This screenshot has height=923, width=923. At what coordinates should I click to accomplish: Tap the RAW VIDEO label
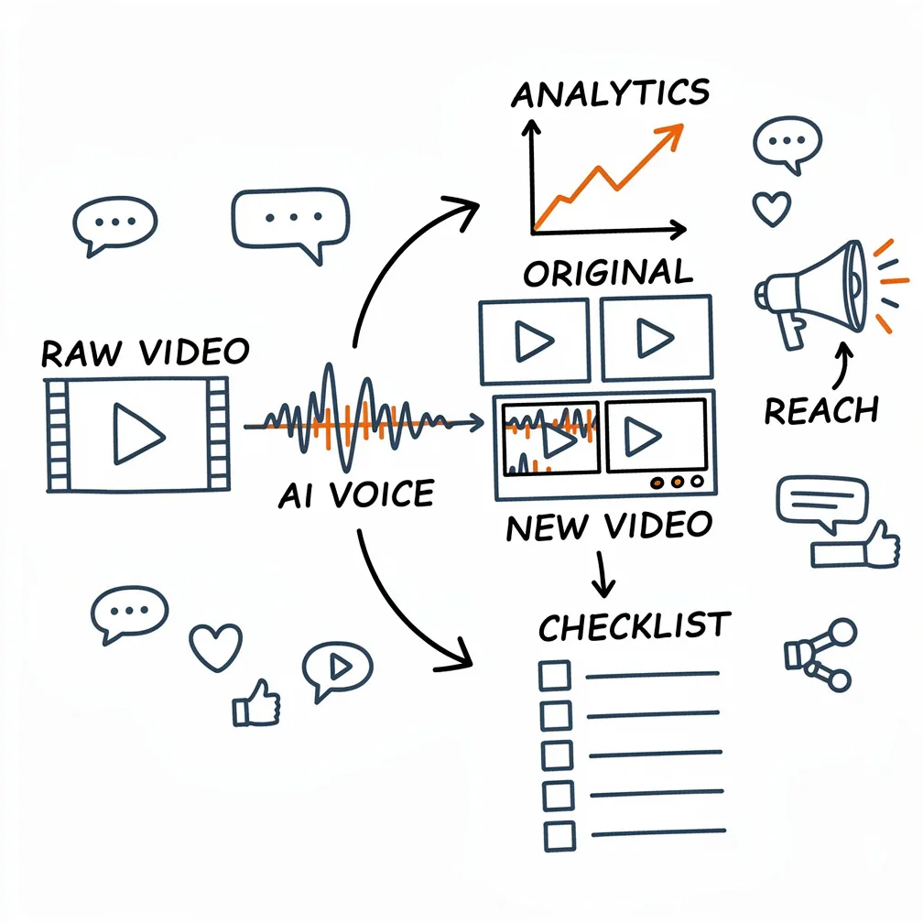pos(145,352)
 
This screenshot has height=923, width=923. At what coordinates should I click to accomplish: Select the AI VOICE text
pos(355,495)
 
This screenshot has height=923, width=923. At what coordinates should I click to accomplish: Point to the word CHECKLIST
pos(634,627)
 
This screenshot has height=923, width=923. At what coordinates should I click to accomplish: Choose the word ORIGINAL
pos(607,274)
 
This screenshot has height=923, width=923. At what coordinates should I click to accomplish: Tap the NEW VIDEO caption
pos(608,526)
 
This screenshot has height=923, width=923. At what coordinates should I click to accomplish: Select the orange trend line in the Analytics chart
pos(608,174)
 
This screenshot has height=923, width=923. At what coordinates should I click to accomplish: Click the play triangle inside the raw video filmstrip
pos(137,433)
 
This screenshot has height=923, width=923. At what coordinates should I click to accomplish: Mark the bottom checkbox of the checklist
pos(558,832)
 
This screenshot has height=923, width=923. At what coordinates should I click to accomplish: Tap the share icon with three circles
pos(820,653)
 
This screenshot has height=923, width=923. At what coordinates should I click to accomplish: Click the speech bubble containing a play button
pos(337,668)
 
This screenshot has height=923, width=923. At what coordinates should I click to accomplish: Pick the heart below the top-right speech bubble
pos(771,209)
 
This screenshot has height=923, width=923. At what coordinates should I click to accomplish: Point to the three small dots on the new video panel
pos(678,482)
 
